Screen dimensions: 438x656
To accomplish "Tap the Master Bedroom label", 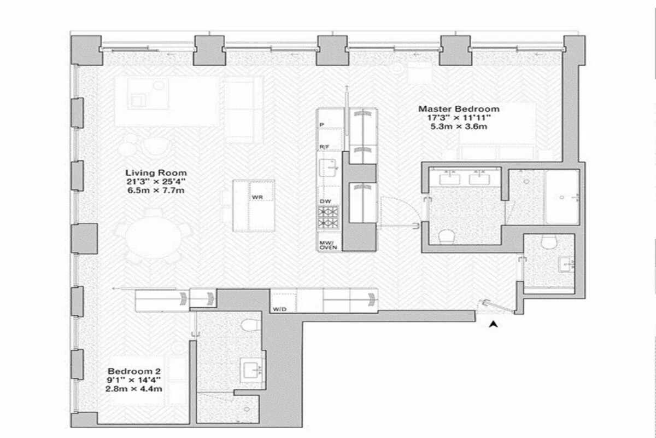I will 458,109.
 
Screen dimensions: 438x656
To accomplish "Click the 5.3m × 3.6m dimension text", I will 458,126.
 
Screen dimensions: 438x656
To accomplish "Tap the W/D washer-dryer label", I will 279,309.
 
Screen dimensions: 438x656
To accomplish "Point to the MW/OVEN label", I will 329,245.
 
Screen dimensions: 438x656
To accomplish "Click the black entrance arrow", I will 494,324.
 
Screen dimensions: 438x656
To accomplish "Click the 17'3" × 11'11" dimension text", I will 458,118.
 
